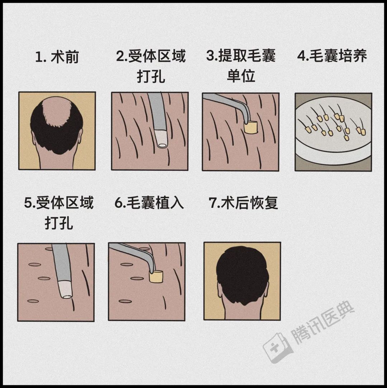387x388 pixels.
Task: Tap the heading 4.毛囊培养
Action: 332,57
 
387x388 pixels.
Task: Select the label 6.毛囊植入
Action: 149,203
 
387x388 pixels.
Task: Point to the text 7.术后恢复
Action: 243,203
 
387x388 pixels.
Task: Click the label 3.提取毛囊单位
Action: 241,66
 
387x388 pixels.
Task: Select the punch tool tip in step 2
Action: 162,143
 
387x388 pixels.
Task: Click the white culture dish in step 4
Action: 333,151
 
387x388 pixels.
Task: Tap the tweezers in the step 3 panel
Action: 229,101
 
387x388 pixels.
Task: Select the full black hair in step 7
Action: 242,273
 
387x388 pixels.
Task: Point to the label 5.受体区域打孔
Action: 59,212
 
